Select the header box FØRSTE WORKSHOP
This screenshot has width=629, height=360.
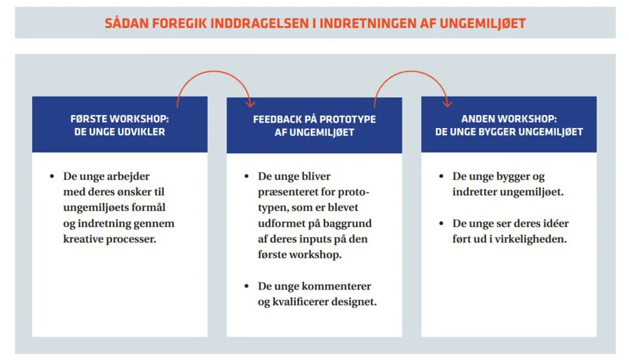point(120,125)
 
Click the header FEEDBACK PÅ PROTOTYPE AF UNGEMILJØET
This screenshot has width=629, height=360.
point(314,125)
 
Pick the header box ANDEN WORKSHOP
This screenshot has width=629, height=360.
point(509,125)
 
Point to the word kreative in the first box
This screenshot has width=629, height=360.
point(84,240)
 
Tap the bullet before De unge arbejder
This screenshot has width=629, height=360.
point(51,176)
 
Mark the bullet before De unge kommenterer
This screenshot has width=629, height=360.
point(246,286)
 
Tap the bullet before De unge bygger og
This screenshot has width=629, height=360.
point(441,176)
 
